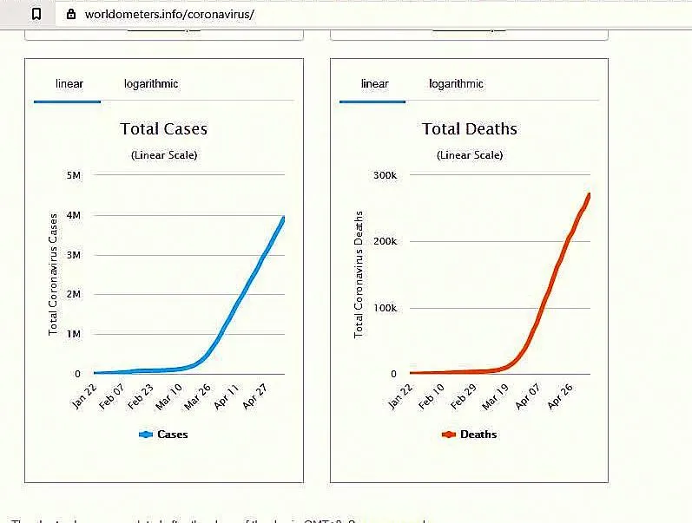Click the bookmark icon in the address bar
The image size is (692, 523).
click(36, 15)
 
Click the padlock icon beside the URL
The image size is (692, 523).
click(70, 15)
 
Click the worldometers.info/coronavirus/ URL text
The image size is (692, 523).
click(169, 15)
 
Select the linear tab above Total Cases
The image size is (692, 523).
click(69, 84)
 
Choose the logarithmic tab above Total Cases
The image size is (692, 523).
click(151, 84)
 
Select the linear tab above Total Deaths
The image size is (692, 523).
click(374, 84)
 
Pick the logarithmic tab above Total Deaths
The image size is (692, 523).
click(456, 84)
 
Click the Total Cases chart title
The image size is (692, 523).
click(163, 129)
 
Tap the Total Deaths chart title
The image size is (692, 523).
click(469, 129)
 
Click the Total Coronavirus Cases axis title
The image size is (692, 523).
click(53, 274)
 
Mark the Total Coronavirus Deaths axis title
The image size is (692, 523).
click(359, 274)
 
